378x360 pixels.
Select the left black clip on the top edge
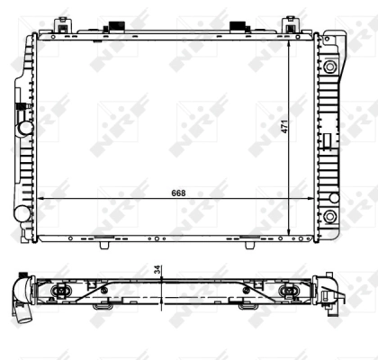(115, 26)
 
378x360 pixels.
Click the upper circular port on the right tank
(329, 67)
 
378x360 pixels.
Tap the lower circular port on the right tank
(329, 218)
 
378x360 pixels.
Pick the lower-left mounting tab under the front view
(103, 240)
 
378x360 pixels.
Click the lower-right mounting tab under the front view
(249, 240)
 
